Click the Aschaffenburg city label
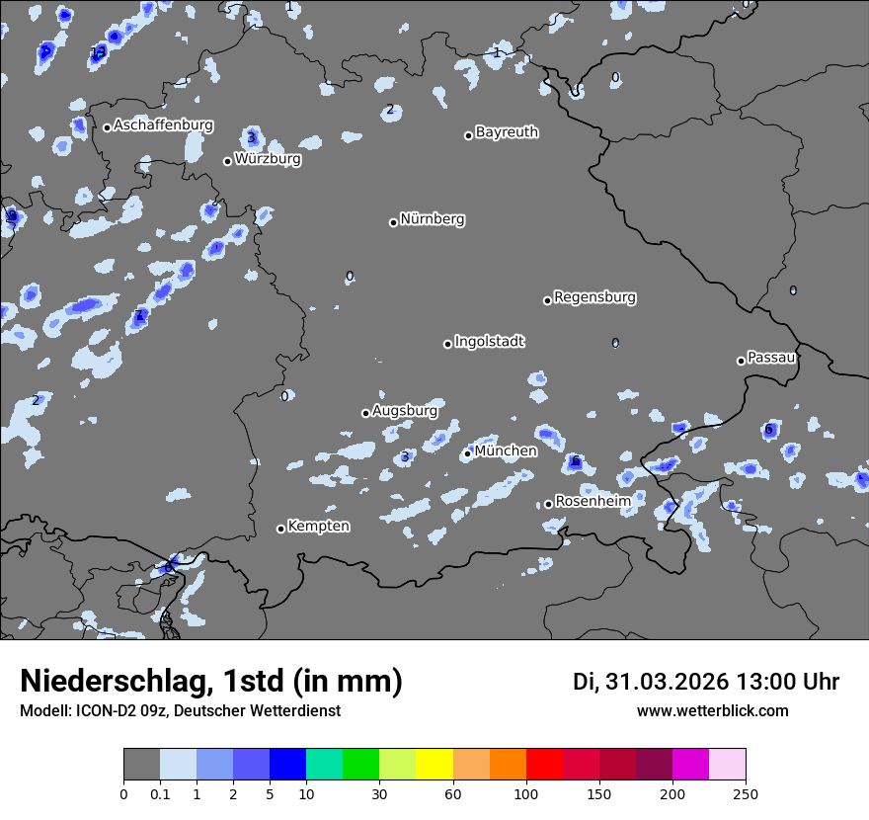point(163,125)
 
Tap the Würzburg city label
point(268,158)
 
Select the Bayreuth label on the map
point(507,131)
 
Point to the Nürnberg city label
point(433,219)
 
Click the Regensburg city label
point(594,297)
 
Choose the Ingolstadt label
point(489,342)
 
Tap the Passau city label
point(771,358)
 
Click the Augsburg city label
point(405,410)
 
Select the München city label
point(506,451)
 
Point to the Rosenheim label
point(592,502)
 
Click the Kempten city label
point(318,527)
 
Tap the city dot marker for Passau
point(741,361)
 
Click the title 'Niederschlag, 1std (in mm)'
point(211,681)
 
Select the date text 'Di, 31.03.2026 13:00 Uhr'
point(706,682)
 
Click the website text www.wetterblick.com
point(712,711)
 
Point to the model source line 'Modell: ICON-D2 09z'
point(180,711)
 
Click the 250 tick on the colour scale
point(746,793)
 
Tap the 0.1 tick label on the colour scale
point(159,793)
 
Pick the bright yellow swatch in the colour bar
point(434,765)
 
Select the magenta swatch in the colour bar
point(691,765)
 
